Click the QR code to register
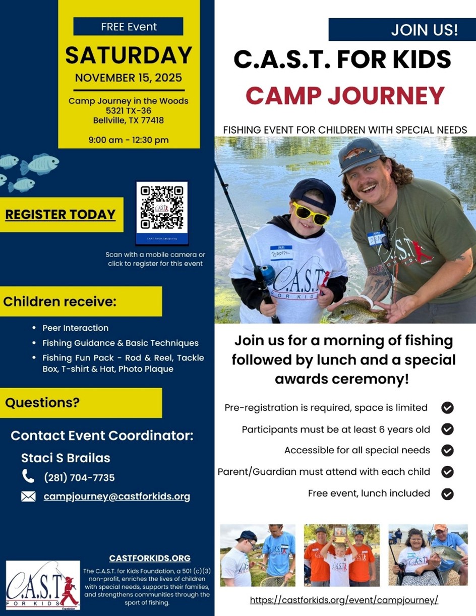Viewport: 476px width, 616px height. click(x=162, y=208)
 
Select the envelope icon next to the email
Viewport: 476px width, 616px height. click(x=28, y=497)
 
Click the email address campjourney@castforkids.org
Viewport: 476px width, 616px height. click(x=117, y=497)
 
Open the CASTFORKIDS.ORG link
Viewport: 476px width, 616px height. click(x=150, y=558)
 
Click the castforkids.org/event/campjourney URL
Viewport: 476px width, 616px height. click(x=344, y=600)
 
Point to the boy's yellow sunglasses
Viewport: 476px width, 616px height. click(x=311, y=213)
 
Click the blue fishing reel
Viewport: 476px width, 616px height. click(x=267, y=274)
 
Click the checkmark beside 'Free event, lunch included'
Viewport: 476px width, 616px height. click(x=447, y=494)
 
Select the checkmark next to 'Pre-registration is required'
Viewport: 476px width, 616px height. click(x=447, y=408)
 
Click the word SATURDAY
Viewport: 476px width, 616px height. click(x=129, y=55)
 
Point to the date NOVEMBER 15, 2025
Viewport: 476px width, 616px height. click(x=129, y=78)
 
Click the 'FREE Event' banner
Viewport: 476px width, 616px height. click(x=128, y=26)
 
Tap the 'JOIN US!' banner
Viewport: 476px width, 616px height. click(x=402, y=29)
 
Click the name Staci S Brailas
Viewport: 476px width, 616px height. click(x=66, y=458)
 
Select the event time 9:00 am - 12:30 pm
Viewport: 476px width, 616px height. click(x=129, y=140)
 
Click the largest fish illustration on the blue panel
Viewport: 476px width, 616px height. click(x=40, y=164)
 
